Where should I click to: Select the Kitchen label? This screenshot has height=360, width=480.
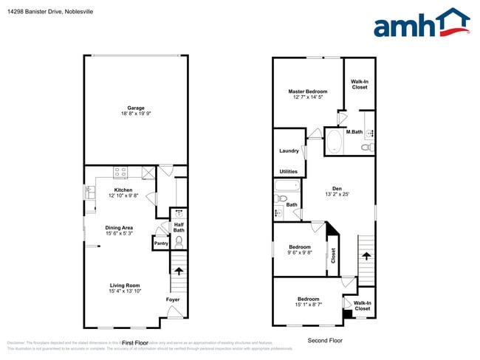(123, 190)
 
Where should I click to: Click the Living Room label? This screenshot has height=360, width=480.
(124, 285)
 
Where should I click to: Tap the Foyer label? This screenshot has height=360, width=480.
(172, 300)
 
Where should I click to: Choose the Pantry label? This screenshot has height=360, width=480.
(160, 243)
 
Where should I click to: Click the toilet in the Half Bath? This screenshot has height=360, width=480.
(178, 239)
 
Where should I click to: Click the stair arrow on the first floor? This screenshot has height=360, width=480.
(177, 271)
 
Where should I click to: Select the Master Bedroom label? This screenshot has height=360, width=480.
(307, 92)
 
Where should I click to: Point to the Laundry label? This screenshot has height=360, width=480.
(289, 151)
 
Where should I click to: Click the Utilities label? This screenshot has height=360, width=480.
(289, 170)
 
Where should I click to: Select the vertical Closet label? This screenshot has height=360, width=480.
(333, 255)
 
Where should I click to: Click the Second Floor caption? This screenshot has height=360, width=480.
(325, 341)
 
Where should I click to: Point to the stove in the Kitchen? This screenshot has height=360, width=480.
(121, 173)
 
